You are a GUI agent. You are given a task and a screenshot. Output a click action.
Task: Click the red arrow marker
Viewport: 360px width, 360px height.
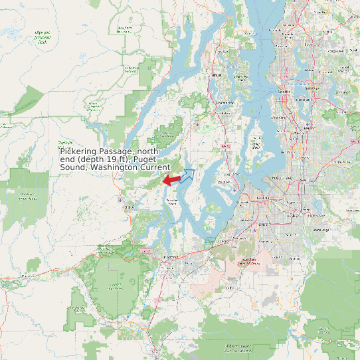tap(171, 180)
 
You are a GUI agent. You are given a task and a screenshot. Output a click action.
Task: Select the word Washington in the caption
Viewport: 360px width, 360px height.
tap(120, 167)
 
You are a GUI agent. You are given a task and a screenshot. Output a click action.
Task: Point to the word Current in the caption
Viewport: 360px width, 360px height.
tap(155, 167)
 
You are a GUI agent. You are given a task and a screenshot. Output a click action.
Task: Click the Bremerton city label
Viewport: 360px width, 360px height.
tap(226, 103)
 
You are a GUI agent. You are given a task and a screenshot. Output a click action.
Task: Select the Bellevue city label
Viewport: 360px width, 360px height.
tap(307, 99)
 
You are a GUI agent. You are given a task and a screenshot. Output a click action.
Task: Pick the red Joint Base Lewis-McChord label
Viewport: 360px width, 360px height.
tap(249, 261)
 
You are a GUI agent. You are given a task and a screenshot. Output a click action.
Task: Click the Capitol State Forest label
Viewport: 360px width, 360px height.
tap(117, 286)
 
